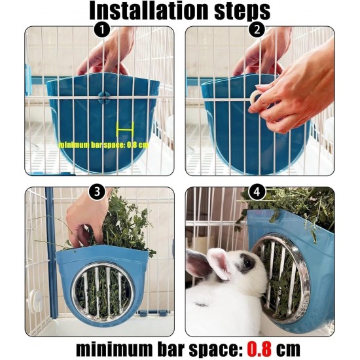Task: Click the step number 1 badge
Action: click(102, 29)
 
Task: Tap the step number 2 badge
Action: click(257, 29)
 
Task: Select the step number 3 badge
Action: click(97, 191)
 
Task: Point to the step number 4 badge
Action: click(257, 191)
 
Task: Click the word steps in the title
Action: click(242, 12)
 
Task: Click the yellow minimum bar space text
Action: click(103, 145)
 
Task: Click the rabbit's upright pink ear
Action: click(221, 264)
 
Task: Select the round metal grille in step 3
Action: click(103, 291)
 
